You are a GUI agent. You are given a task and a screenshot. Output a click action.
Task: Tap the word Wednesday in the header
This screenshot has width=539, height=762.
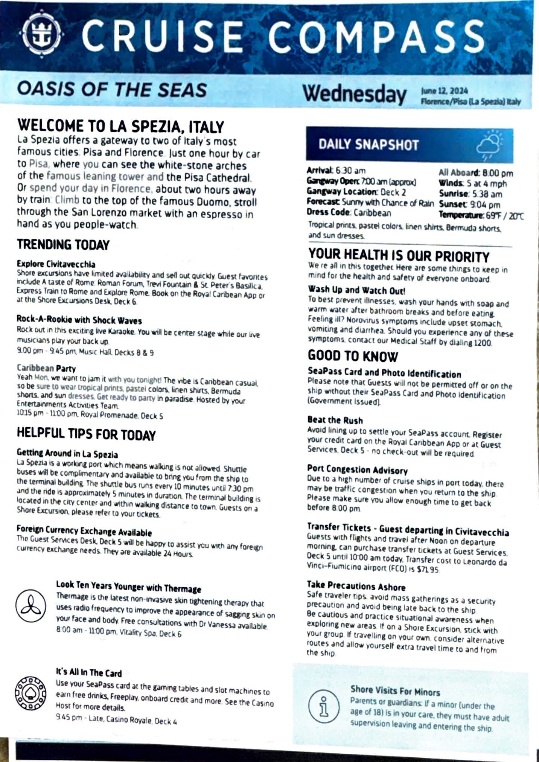(355, 94)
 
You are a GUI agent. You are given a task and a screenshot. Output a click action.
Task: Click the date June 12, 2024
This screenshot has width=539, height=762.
(445, 91)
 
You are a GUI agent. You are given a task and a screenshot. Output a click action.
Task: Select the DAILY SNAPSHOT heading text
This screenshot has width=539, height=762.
(368, 145)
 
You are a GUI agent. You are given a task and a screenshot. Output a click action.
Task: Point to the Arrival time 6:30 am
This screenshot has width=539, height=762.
(350, 171)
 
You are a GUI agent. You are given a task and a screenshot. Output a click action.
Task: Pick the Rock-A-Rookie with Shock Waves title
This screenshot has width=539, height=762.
(79, 320)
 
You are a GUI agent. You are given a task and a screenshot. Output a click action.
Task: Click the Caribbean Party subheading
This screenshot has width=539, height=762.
(46, 368)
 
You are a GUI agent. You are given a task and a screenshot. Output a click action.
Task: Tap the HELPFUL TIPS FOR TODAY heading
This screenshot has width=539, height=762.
(86, 434)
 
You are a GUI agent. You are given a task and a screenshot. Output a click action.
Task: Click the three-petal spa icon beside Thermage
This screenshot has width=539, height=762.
(30, 607)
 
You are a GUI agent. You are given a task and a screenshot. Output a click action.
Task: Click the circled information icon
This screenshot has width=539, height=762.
(323, 707)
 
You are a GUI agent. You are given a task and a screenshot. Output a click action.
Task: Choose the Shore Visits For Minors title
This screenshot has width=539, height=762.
(395, 690)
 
